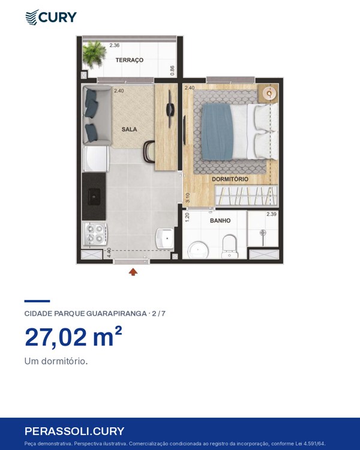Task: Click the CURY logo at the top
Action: (51, 17)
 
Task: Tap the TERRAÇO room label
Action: (129, 60)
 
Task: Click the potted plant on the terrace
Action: (94, 54)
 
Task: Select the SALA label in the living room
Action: (129, 130)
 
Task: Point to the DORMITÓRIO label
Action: (230, 179)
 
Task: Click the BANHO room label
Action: (220, 220)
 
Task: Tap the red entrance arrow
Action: (133, 272)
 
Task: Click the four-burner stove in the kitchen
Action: (95, 233)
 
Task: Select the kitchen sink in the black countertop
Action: (94, 196)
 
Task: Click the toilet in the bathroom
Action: (230, 246)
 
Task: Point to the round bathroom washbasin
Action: (198, 250)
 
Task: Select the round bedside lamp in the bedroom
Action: (269, 93)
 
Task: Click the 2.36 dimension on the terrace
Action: (114, 45)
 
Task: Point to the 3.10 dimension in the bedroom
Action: (188, 198)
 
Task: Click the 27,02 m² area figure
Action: (73, 337)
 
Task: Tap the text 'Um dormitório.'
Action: (56, 361)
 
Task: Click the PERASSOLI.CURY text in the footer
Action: (74, 431)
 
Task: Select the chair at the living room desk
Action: (149, 152)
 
